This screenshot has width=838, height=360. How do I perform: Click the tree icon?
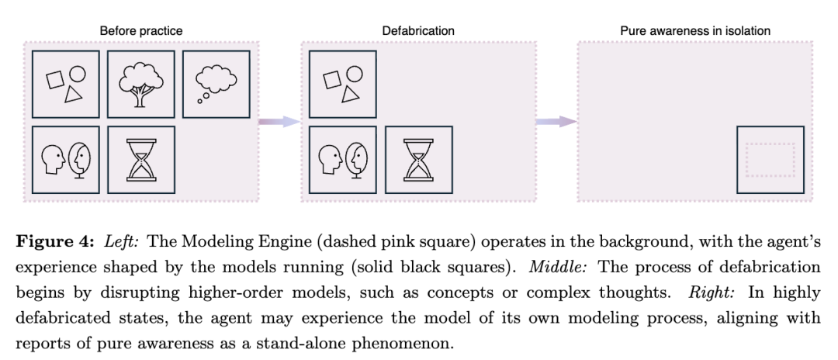click(140, 83)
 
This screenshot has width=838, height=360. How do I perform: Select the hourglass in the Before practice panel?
click(140, 159)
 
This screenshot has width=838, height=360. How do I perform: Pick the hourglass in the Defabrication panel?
click(418, 159)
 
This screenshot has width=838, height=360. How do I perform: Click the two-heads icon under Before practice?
click(66, 159)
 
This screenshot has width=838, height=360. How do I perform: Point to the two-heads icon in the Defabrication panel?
click(344, 159)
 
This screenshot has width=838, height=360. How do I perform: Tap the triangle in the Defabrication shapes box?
click(351, 94)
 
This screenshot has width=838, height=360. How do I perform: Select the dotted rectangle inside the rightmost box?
click(769, 159)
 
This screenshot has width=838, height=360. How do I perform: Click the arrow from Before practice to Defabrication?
click(279, 121)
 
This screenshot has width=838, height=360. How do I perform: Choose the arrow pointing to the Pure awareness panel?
click(556, 121)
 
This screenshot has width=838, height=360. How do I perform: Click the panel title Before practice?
click(140, 31)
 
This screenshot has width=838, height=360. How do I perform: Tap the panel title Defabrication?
click(418, 31)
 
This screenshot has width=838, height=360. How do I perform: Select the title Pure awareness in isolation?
click(695, 31)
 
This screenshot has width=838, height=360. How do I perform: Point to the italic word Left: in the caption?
click(120, 242)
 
